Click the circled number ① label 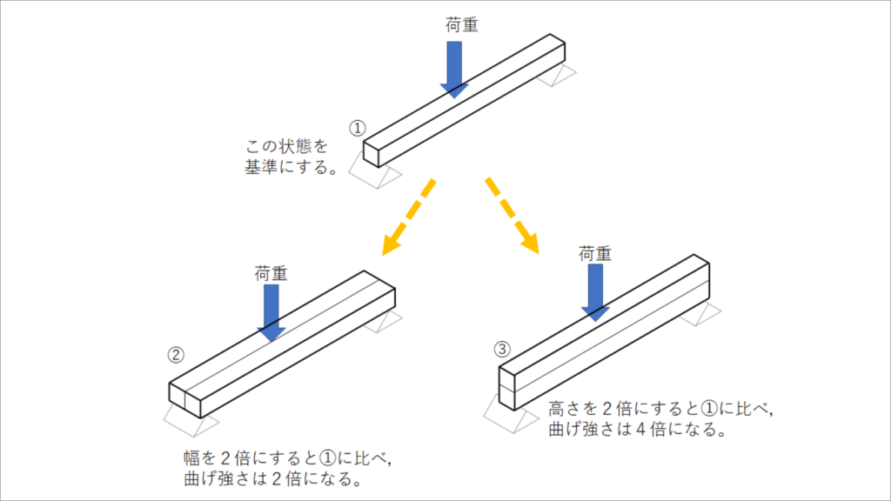(x=357, y=127)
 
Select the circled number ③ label (x=501, y=350)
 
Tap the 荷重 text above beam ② (x=271, y=272)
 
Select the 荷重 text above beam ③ (x=595, y=254)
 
